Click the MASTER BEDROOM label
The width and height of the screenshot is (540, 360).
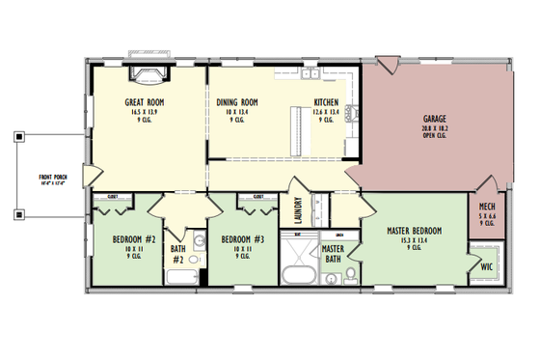[414, 231]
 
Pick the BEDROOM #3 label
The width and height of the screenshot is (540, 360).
[237, 238]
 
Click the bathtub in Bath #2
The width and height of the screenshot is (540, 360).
[179, 277]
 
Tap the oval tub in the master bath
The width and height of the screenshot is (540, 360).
[295, 276]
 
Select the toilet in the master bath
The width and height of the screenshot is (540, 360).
[351, 276]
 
